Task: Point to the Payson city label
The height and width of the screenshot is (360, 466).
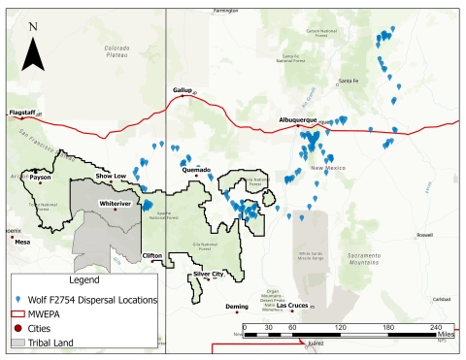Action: [x=40, y=178]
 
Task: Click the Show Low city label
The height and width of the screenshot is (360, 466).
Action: [x=110, y=176]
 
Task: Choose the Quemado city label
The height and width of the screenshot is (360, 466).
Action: [x=196, y=170]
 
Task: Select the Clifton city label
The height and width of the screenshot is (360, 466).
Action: [x=152, y=255]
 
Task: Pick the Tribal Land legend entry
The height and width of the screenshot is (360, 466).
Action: [x=63, y=344]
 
